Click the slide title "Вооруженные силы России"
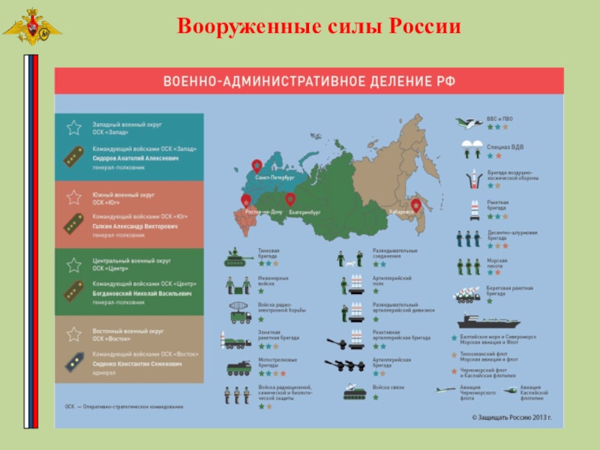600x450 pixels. (x=319, y=28)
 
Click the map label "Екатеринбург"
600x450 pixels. (x=304, y=213)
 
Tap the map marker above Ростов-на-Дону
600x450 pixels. (x=246, y=200)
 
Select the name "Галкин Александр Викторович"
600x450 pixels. (x=134, y=225)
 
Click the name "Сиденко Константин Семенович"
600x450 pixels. (x=136, y=364)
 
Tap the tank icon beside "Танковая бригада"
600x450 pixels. (x=240, y=257)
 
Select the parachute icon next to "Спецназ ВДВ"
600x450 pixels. (x=471, y=148)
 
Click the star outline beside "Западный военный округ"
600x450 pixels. (x=74, y=127)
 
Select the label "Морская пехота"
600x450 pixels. (x=497, y=263)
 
